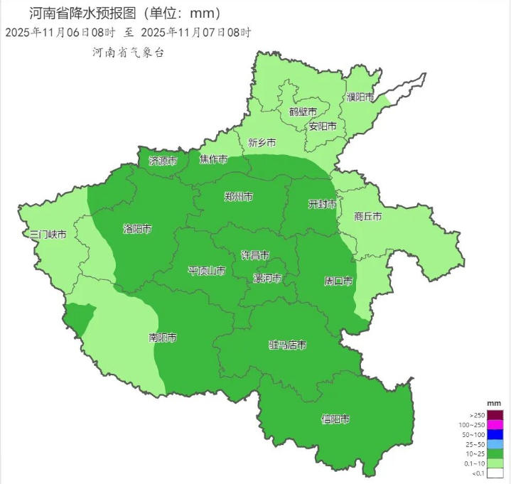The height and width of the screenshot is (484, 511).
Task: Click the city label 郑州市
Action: (x=238, y=197)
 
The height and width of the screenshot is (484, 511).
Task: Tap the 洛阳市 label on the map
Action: (x=137, y=230)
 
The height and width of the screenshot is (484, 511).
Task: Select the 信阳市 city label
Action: (x=335, y=419)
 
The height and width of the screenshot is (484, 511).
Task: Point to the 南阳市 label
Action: (x=163, y=337)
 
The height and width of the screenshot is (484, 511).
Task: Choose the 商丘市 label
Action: (x=368, y=216)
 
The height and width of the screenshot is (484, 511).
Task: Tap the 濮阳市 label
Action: (x=360, y=97)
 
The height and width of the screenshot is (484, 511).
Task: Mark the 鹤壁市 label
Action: (x=303, y=112)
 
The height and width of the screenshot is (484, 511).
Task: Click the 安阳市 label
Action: (x=322, y=127)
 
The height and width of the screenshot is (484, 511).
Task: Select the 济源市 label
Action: (x=163, y=161)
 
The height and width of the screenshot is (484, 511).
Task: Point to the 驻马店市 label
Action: (x=287, y=345)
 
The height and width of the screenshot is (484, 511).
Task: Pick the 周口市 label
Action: (x=338, y=281)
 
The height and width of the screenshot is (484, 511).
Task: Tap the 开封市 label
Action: (x=322, y=204)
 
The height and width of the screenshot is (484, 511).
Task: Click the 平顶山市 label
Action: (x=207, y=271)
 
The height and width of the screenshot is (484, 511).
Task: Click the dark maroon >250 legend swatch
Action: (x=495, y=415)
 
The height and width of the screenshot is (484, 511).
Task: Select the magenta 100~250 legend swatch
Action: (x=495, y=425)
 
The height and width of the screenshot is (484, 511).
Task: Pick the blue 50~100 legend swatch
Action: (x=495, y=435)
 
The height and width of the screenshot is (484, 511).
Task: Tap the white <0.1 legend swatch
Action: (x=495, y=473)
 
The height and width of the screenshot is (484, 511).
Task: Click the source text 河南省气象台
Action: (x=128, y=53)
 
